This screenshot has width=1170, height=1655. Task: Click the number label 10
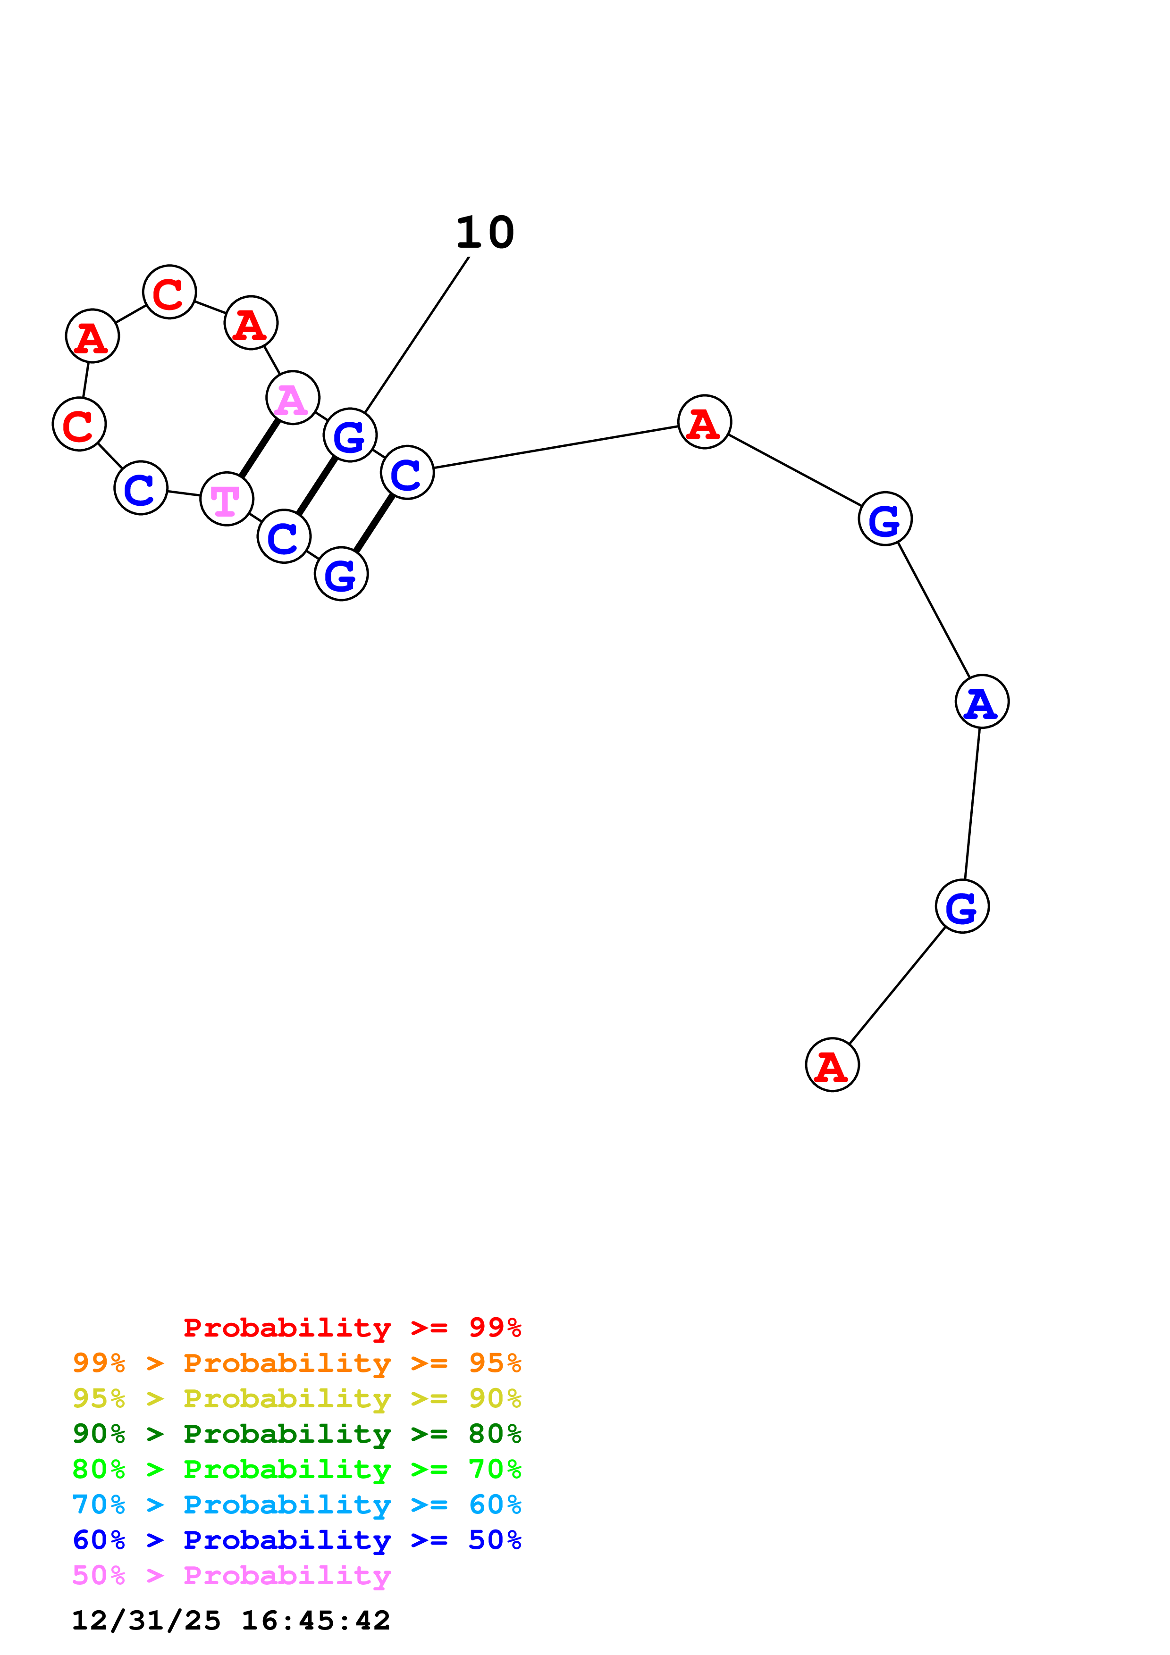485,233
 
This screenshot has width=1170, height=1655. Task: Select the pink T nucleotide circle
227,499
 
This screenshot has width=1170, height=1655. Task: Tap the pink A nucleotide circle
292,398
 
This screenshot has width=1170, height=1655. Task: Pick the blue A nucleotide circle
981,702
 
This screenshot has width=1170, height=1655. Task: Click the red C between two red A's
169,292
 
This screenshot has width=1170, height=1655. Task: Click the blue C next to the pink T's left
141,488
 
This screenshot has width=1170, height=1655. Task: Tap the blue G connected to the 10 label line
350,435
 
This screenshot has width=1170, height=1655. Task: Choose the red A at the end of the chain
832,1065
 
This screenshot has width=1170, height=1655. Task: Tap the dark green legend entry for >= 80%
296,1434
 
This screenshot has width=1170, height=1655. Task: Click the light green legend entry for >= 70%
296,1469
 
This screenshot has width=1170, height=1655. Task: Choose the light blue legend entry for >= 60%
296,1505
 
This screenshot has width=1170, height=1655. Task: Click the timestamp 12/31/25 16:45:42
231,1621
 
